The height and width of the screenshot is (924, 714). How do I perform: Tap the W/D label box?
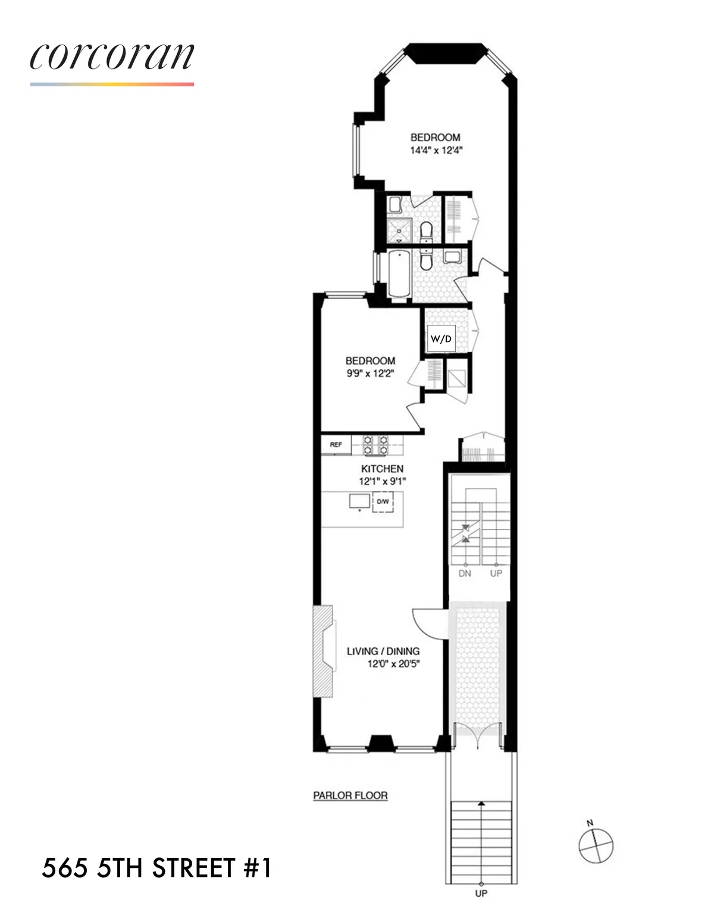[x=441, y=339]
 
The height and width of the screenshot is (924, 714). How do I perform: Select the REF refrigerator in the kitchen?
[x=336, y=444]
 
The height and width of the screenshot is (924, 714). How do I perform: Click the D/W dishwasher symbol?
[x=383, y=502]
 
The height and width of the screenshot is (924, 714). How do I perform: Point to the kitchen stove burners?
[x=375, y=444]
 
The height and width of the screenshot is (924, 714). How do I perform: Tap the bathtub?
[x=397, y=274]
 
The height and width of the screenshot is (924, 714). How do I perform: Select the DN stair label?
[x=465, y=573]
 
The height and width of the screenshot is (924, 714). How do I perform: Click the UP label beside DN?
[x=496, y=573]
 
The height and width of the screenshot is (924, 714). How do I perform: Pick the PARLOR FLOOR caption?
[x=350, y=795]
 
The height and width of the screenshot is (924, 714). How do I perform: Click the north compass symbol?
[x=596, y=844]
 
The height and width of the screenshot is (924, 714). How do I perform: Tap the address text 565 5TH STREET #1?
[x=156, y=868]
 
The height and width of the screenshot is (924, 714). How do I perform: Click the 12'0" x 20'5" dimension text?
[x=393, y=664]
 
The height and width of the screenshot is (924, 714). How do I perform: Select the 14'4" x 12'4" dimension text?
[x=436, y=151]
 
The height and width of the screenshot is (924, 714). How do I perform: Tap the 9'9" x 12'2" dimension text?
[x=370, y=373]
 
